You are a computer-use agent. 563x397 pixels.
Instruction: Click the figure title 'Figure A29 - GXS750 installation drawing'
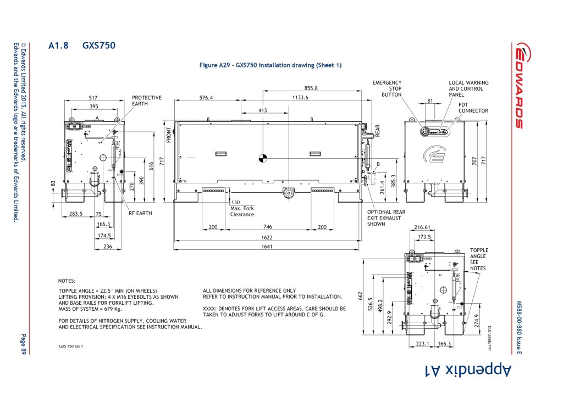[270, 65]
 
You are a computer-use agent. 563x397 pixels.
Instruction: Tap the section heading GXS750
[98, 46]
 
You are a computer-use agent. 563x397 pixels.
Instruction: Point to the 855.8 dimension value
[311, 88]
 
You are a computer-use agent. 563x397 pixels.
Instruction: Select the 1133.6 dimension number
[300, 98]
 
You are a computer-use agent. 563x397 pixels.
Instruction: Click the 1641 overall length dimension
[267, 247]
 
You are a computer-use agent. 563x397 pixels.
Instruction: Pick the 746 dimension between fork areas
[267, 227]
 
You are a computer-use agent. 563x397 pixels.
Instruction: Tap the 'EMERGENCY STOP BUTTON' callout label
[387, 88]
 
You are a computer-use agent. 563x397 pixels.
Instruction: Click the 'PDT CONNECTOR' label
[473, 108]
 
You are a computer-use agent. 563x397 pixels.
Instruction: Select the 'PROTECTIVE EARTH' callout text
[147, 101]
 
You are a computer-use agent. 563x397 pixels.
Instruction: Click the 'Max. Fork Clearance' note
[242, 211]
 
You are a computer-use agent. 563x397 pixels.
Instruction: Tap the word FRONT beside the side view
[169, 135]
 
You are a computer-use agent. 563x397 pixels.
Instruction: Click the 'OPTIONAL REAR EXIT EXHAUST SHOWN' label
[386, 218]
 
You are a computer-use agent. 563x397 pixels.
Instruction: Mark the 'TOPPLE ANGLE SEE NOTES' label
[478, 259]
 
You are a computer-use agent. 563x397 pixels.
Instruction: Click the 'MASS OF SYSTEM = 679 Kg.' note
[92, 308]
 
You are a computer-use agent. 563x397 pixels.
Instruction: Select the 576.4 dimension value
[206, 98]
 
